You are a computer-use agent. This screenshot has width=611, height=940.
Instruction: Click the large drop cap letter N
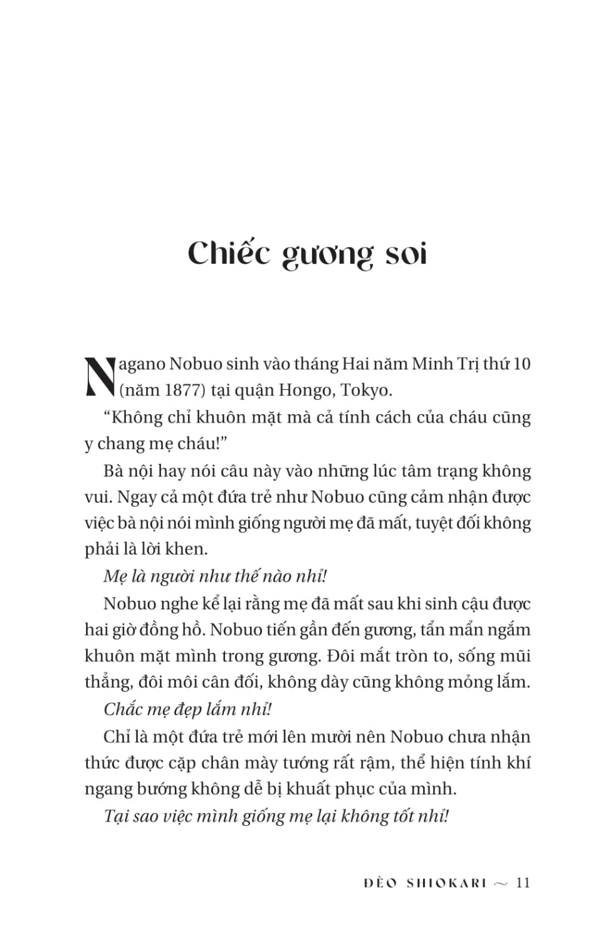coord(100,377)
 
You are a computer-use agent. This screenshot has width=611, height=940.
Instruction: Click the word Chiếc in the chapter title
coord(229,253)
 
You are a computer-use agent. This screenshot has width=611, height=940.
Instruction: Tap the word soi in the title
coord(405,253)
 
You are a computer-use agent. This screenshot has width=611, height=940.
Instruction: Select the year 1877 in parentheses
coord(182,390)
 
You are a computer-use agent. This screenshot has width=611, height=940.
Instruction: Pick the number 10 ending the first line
coord(521,363)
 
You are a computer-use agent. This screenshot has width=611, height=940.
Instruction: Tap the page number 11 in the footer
coord(523,883)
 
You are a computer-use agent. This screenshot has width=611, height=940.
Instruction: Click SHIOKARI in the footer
coord(446,883)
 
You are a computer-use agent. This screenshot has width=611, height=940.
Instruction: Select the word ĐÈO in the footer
coord(380,883)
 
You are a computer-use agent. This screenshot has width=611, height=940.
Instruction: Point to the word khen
coord(186,549)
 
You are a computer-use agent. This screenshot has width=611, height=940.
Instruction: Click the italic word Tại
coord(117,816)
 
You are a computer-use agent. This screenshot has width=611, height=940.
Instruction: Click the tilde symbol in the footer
coord(501,884)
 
